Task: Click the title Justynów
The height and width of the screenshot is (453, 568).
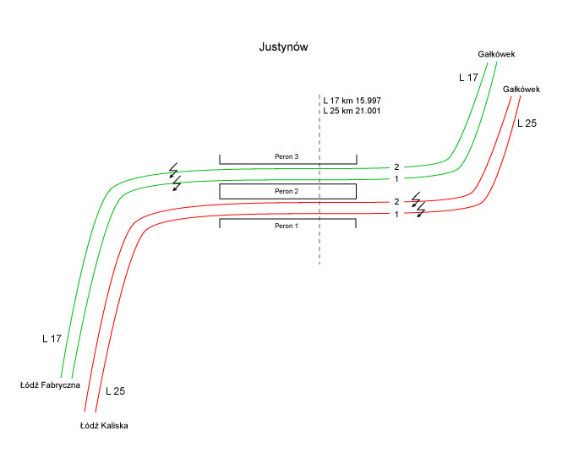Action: pos(283,47)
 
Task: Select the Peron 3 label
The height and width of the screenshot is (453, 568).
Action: pos(287,157)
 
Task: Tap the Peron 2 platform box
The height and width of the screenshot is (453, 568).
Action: pos(287,191)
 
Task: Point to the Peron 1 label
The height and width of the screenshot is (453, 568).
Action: pos(287,226)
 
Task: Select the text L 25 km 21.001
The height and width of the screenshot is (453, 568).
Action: pos(351,111)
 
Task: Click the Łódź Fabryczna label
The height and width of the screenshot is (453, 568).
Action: pos(50,385)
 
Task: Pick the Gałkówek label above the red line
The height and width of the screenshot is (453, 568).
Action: pos(521,89)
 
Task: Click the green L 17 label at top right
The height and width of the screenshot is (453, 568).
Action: pos(468,77)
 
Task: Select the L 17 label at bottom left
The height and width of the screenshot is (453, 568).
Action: pos(52,339)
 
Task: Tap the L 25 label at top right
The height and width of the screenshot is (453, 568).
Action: pos(526,123)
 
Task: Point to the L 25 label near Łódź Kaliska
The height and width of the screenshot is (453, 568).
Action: pos(116,392)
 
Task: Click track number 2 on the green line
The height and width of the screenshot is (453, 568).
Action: pos(396,167)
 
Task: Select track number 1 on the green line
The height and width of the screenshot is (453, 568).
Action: pos(396,178)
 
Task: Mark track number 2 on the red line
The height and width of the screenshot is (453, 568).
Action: pos(396,202)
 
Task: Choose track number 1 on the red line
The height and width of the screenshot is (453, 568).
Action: pos(396,214)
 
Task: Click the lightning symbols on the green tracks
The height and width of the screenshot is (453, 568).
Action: pos(176,176)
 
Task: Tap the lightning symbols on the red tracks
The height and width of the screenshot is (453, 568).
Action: pos(418,205)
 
